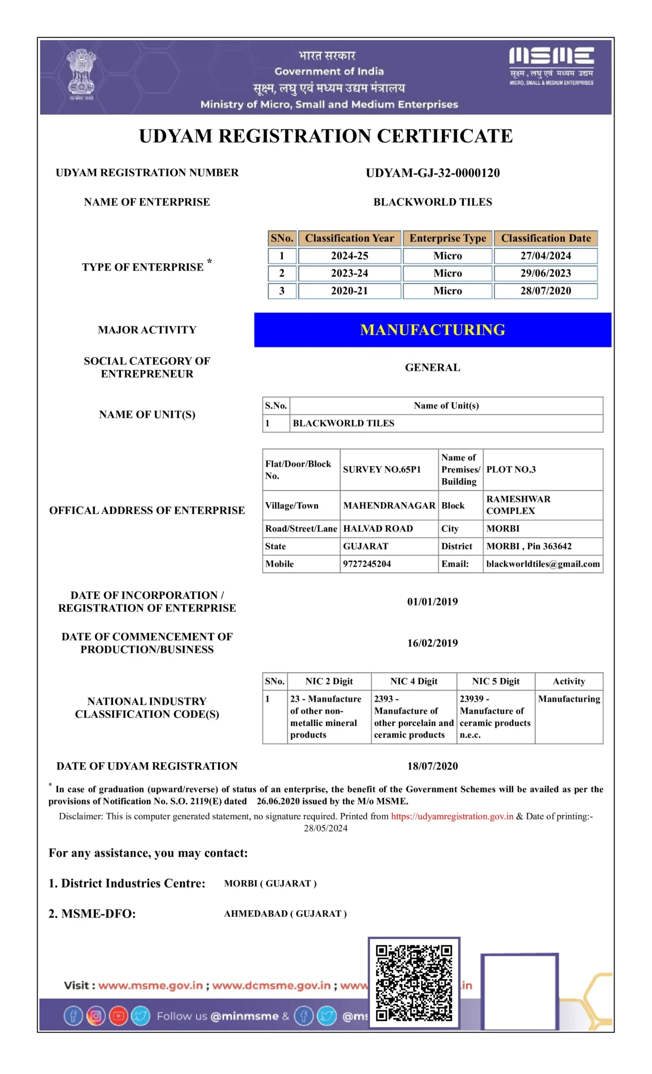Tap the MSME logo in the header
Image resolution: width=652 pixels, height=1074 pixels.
click(551, 65)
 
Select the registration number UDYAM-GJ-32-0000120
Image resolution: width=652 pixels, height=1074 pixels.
click(432, 173)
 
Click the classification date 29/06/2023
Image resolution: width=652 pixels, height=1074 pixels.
click(545, 273)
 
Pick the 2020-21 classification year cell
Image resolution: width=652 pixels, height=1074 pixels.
click(349, 291)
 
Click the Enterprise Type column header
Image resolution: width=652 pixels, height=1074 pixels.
click(447, 238)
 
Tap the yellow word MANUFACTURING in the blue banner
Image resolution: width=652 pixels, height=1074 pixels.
click(432, 330)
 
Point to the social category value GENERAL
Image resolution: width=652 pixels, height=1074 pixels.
click(432, 368)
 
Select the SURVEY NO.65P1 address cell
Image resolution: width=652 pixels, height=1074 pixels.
click(381, 469)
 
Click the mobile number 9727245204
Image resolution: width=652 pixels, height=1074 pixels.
click(367, 563)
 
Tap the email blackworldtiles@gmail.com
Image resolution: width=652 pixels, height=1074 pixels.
click(542, 563)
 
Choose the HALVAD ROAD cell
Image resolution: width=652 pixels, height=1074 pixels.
click(378, 528)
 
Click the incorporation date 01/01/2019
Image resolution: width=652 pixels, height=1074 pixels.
click(432, 602)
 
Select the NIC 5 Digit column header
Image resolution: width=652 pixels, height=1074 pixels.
click(496, 681)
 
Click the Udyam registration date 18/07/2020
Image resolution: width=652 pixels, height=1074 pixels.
click(432, 766)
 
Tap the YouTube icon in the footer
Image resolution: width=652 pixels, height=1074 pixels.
click(118, 1016)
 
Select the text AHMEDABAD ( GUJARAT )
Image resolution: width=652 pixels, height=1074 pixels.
click(285, 914)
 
